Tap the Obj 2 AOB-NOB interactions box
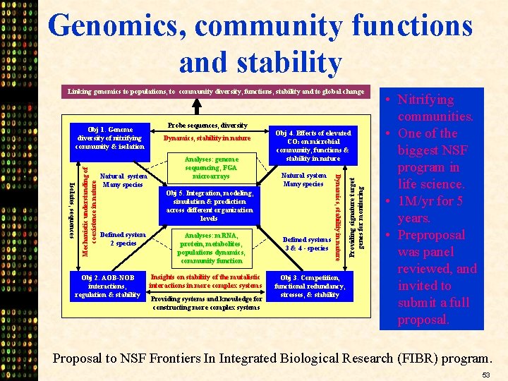click(107, 286)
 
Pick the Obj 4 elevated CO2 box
click(313, 145)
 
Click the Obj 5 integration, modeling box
click(209, 205)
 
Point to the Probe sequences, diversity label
click(207, 125)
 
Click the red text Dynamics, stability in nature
click(207, 138)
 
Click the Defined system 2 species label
click(123, 238)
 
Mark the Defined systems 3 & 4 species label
click(306, 243)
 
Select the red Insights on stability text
click(205, 281)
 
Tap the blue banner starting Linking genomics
click(216, 91)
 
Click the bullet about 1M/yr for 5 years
click(431, 210)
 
